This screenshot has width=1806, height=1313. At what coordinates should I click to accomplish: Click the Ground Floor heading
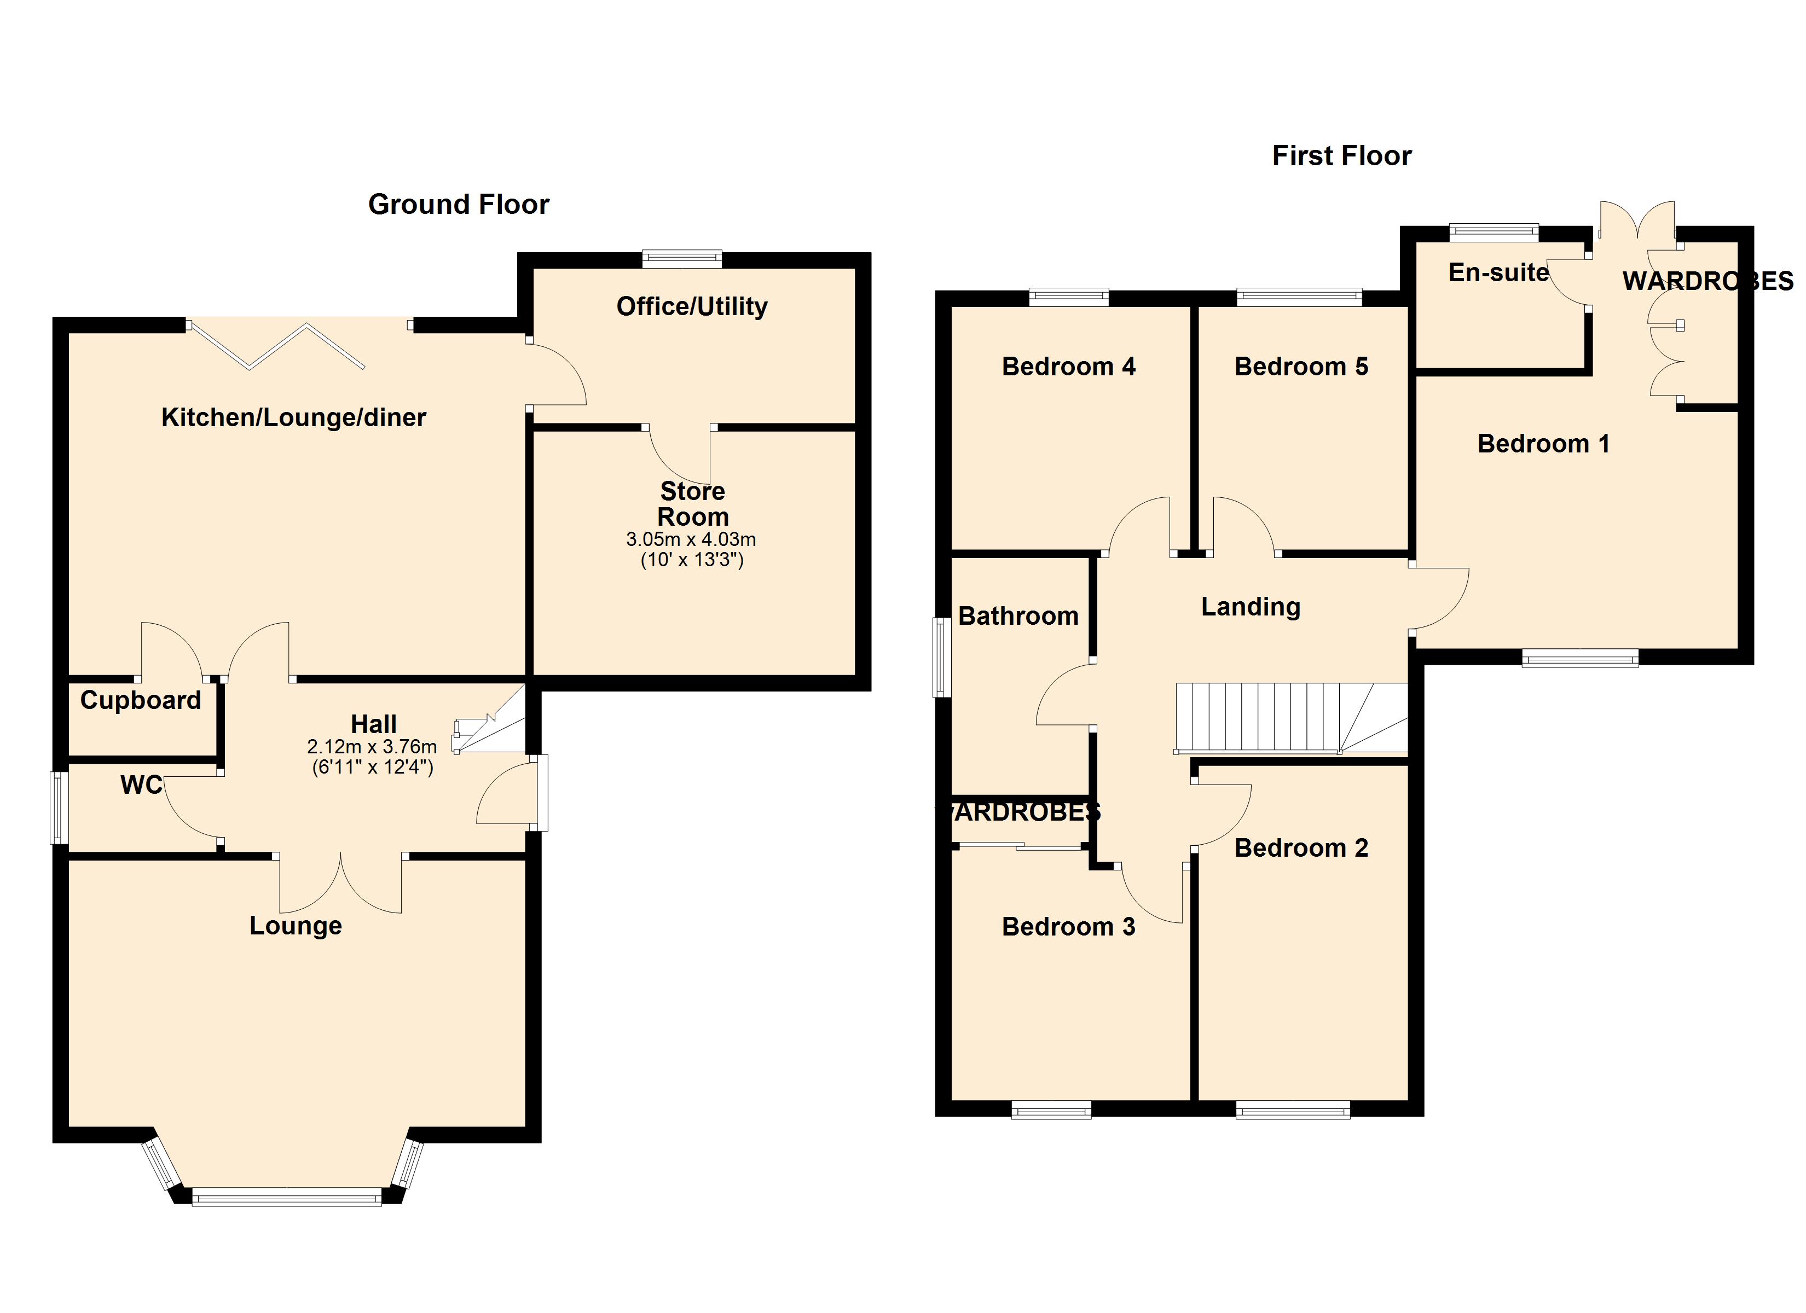[459, 205]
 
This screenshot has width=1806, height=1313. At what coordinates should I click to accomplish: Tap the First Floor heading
[1342, 155]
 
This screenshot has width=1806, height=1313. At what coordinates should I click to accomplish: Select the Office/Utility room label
[692, 306]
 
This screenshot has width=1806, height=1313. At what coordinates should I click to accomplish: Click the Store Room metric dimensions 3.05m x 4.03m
[691, 539]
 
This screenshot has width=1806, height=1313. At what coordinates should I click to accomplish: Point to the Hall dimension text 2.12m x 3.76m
[372, 747]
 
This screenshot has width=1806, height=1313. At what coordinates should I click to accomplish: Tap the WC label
[141, 785]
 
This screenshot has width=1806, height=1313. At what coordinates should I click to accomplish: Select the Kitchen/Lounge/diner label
[294, 417]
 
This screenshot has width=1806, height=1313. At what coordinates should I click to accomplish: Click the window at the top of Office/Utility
[682, 259]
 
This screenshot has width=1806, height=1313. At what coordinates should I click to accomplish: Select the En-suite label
[1498, 272]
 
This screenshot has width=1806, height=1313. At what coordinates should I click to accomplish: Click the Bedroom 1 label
[1543, 444]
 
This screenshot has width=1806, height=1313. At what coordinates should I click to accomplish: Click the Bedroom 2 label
[1301, 848]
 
